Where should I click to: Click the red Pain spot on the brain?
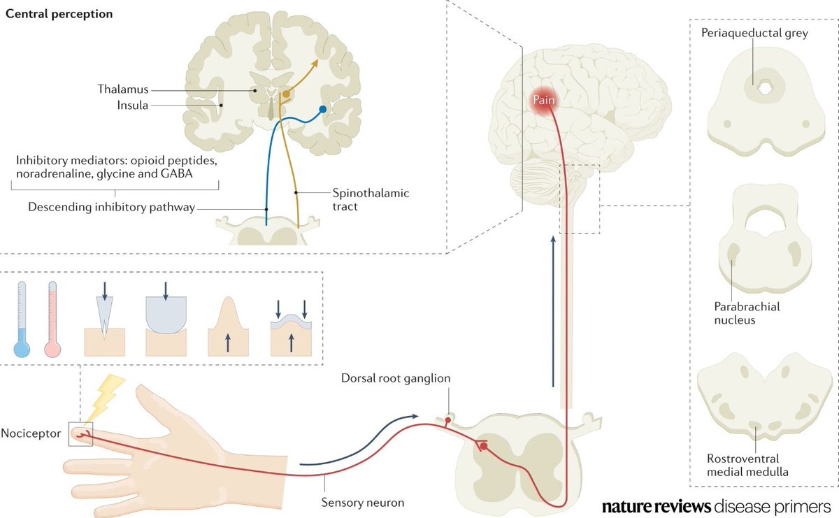pos(545,100)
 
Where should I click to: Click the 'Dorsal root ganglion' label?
pos(396,378)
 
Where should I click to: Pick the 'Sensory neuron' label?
pos(363,502)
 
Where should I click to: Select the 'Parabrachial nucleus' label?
pos(747,313)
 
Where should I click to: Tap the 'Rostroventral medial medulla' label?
pos(747,465)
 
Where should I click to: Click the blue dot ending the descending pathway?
pos(322,110)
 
